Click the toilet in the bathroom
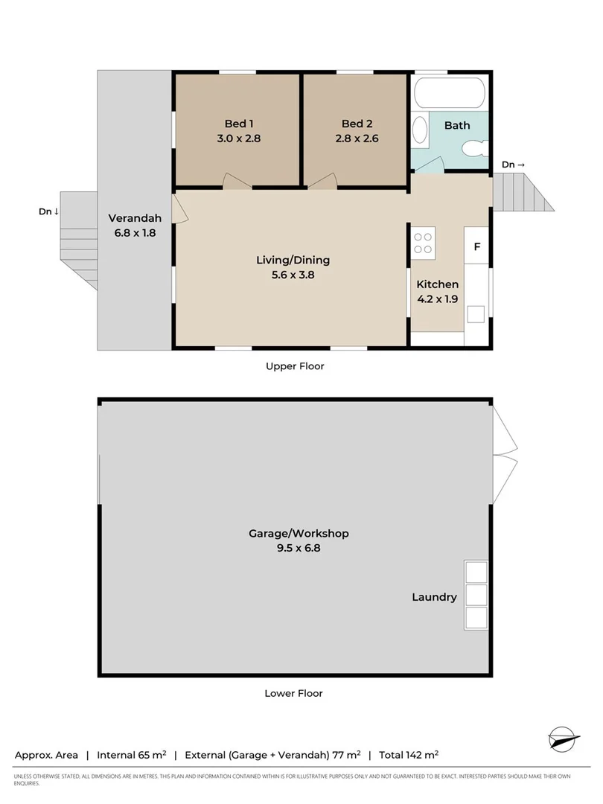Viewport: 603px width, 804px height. pos(472,149)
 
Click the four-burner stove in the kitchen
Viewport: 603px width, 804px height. pos(423,243)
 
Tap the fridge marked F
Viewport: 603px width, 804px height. pos(476,245)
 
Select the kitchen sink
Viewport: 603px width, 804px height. pos(476,313)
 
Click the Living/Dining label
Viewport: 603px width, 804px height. pos(293,261)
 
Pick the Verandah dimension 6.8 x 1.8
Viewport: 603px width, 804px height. pos(133,232)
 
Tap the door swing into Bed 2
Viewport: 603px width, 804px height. pos(324,181)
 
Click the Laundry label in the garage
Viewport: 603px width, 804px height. pos(435,597)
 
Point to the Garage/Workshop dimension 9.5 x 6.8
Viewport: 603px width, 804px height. pos(299,549)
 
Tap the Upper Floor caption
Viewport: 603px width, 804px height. pos(295,366)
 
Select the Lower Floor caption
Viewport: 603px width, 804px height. pos(294,693)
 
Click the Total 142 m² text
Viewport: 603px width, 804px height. pos(409,755)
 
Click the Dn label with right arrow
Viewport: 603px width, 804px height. pos(513,165)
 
